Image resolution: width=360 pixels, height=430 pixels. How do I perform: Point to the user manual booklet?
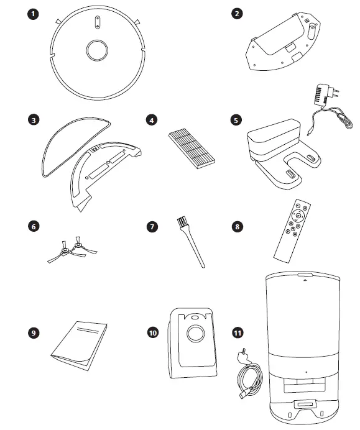click(x=79, y=341)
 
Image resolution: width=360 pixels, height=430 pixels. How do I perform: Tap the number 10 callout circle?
click(x=152, y=333)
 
